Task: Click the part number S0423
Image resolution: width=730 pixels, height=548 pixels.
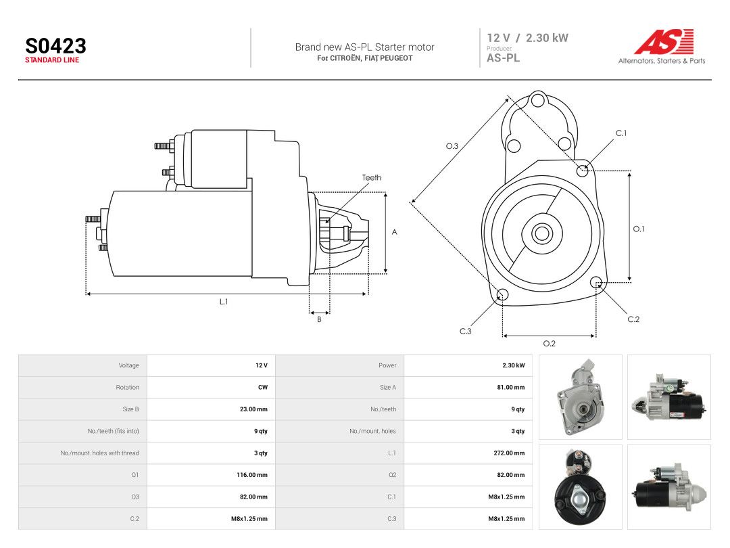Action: click(x=55, y=46)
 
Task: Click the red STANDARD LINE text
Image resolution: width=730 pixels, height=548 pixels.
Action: click(x=52, y=60)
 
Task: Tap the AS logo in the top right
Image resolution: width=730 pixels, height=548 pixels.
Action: click(x=664, y=41)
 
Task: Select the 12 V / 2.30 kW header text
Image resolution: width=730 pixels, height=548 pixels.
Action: click(x=527, y=38)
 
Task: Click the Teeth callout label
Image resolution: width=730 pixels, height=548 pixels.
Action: click(x=372, y=177)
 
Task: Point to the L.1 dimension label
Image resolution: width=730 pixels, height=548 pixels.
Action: click(x=224, y=302)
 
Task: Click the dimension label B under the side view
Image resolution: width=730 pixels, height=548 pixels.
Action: click(x=319, y=319)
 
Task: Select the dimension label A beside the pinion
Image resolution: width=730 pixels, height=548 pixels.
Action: click(x=394, y=232)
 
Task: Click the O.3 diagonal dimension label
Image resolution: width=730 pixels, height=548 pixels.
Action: click(x=452, y=146)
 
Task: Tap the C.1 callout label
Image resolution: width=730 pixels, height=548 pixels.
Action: click(x=621, y=133)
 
